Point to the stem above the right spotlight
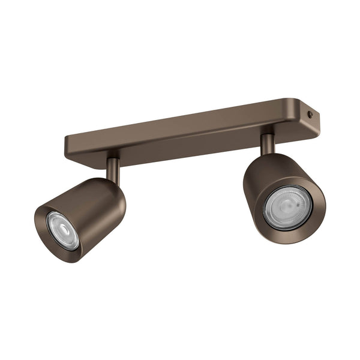coord(267,143)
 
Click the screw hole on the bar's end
coord(310,113)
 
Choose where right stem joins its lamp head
coord(268,153)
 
